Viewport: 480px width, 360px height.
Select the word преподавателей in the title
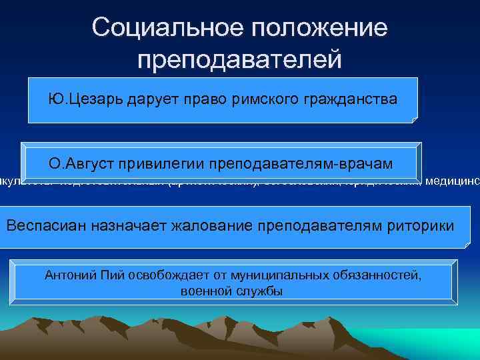(x=239, y=60)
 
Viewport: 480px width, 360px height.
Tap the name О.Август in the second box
(x=79, y=163)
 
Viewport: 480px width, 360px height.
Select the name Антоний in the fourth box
(x=67, y=275)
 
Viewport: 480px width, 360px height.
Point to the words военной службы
(x=231, y=291)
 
